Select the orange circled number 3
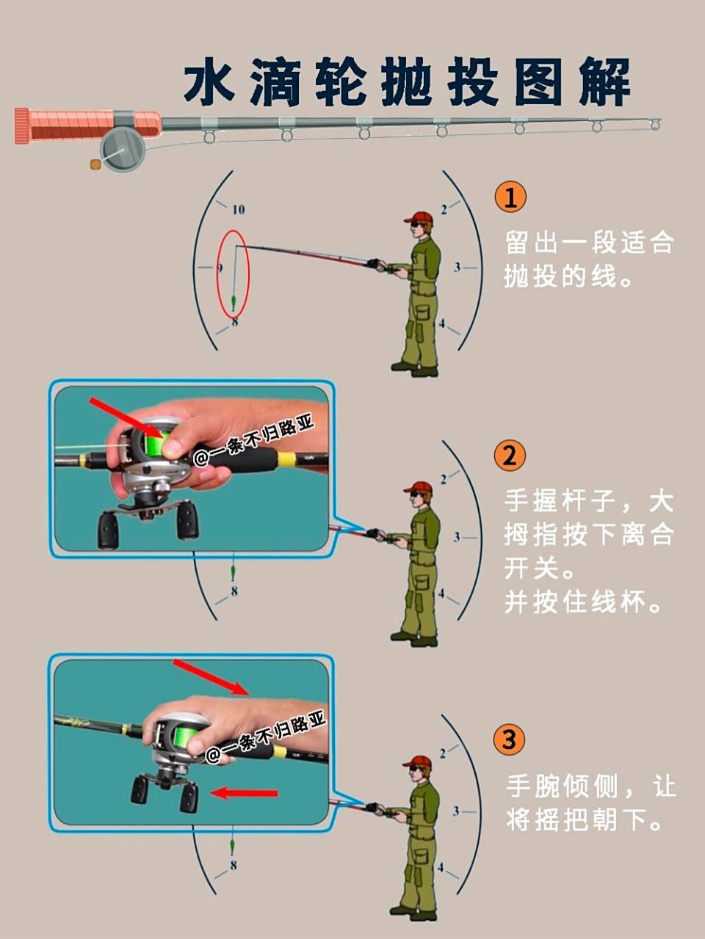coord(510,739)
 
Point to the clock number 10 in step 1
coord(238,210)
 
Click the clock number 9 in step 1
coord(219,268)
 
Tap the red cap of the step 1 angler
coord(420,217)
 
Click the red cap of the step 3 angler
coord(419,761)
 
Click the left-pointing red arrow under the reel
coord(244,793)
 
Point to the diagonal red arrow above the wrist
coord(211,676)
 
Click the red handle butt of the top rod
coord(21,125)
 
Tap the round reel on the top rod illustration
coord(122,150)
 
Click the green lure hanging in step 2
coord(233,571)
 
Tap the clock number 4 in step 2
coord(441,593)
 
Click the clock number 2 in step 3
coord(442,753)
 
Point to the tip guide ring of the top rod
coord(655,125)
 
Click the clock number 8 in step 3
coord(233,866)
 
